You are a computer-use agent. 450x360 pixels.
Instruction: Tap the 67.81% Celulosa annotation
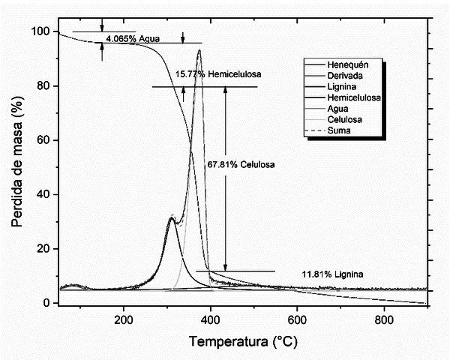pos(240,164)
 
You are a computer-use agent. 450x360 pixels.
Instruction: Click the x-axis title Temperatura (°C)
pos(243,342)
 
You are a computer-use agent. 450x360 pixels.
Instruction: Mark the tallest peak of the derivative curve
pos(199,51)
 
